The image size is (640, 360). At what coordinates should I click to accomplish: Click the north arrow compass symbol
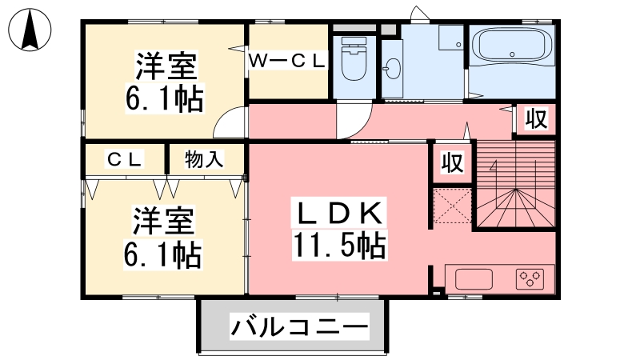point(30,30)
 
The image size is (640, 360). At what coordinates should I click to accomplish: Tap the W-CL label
point(287,61)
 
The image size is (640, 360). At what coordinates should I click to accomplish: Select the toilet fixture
point(354,58)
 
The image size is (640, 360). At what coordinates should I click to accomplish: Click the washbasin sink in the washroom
point(394,69)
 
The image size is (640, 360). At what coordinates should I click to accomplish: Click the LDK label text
point(338,212)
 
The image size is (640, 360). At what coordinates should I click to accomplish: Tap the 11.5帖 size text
point(338,246)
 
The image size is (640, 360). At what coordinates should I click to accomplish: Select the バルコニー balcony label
point(299,326)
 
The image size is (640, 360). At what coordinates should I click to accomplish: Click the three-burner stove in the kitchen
point(530,278)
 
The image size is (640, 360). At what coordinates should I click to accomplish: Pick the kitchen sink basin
point(474,279)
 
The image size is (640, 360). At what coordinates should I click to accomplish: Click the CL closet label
point(124,159)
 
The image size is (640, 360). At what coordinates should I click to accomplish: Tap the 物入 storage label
point(204,159)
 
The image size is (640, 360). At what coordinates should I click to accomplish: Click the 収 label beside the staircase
point(452,162)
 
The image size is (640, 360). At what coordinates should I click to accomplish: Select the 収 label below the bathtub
point(536,118)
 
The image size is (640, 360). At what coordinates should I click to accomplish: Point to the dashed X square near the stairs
point(452,206)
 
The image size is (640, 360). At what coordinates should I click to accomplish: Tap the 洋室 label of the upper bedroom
point(166,66)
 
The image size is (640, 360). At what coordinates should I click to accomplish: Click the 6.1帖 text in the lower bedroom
point(163,254)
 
